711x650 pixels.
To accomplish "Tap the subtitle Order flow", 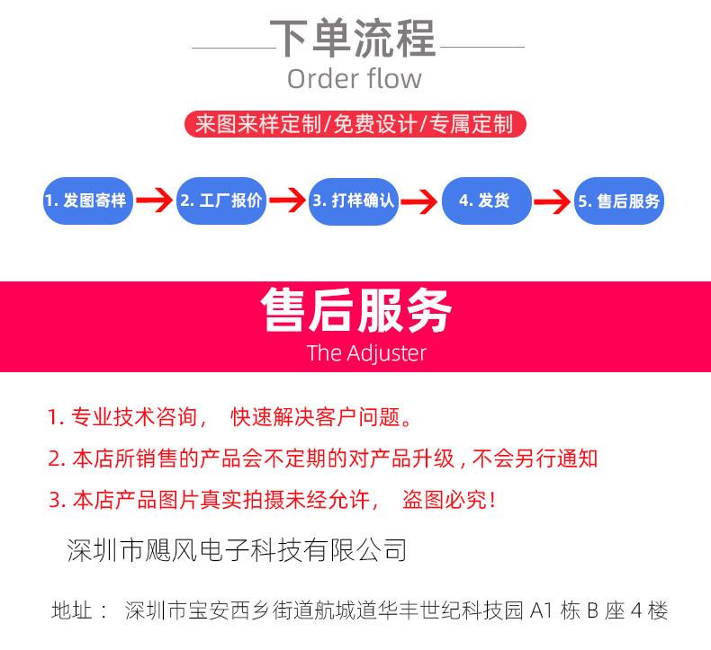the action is (354, 78).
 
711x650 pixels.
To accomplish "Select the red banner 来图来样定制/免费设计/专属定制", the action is (354, 123).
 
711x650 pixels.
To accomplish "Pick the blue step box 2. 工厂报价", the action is (220, 200).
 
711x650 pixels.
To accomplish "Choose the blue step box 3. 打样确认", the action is (354, 200).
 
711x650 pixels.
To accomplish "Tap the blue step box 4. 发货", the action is (486, 200).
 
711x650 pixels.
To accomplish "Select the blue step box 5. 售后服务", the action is (618, 200).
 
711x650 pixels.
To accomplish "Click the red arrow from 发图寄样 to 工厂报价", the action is (155, 200).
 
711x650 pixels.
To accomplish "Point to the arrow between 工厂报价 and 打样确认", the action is (287, 200).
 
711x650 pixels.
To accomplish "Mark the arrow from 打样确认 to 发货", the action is (419, 200).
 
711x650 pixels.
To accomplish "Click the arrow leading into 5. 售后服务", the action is (553, 200).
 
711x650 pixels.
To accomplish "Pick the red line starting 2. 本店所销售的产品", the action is (322, 459).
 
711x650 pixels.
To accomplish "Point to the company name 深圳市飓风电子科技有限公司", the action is (238, 549).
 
